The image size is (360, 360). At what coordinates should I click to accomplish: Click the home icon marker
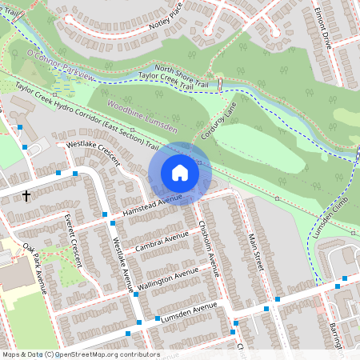click(x=180, y=173)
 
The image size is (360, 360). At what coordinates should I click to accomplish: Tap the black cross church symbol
click(x=26, y=194)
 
